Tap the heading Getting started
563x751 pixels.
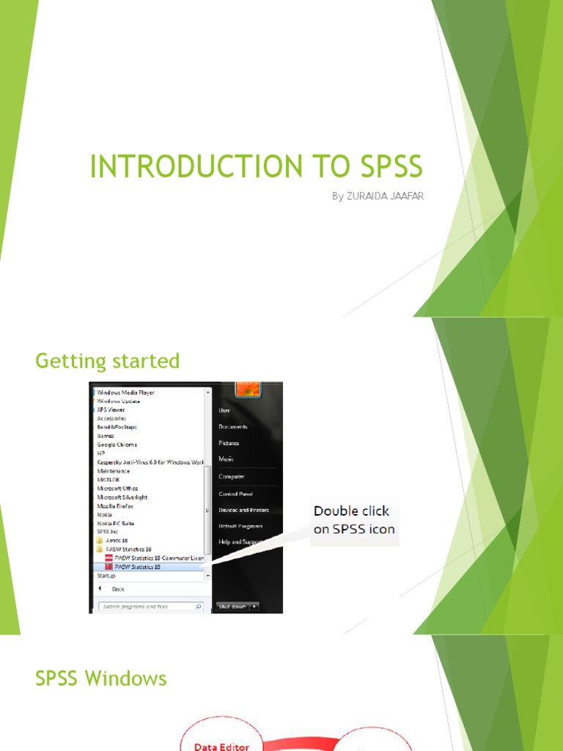click(x=107, y=361)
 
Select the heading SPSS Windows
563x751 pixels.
click(x=101, y=678)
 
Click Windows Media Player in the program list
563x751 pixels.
click(x=125, y=392)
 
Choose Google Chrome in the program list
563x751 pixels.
click(x=117, y=444)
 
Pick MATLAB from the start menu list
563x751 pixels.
click(x=109, y=480)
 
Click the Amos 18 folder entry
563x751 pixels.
click(x=117, y=541)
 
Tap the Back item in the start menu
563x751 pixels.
click(x=117, y=589)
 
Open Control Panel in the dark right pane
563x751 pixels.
click(x=235, y=494)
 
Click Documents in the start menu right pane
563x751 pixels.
click(x=233, y=427)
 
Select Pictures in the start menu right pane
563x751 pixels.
click(x=229, y=443)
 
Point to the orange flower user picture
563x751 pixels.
click(x=248, y=389)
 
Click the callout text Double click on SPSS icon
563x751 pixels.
click(x=354, y=520)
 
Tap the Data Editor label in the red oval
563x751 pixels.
click(x=221, y=747)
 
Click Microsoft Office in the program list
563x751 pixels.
click(x=117, y=488)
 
